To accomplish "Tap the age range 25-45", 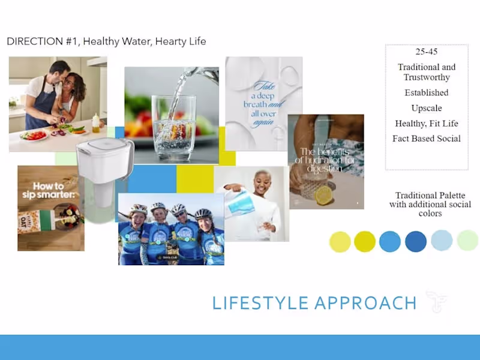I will point(427,52).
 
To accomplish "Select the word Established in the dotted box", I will point(427,92).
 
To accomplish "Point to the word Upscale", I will point(427,108).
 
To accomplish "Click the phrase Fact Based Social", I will point(427,139).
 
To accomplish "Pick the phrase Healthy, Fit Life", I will point(427,124).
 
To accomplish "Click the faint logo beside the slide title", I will point(436,301).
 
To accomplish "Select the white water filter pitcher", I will point(104,168).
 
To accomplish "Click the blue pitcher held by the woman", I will point(241,204).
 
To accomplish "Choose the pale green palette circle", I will point(467,241).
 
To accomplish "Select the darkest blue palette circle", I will point(416,241).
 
